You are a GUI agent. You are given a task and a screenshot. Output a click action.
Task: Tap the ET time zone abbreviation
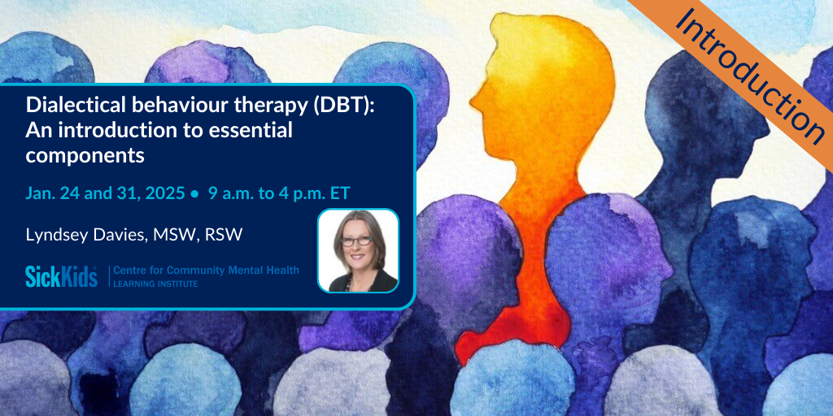[x=339, y=193]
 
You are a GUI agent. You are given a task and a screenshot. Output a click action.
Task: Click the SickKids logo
[x=62, y=276]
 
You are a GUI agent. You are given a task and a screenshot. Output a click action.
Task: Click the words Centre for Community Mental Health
[x=206, y=271]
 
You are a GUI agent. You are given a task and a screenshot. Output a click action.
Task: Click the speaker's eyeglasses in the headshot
[x=357, y=240]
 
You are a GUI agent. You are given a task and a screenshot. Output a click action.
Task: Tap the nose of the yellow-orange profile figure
[x=474, y=100]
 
